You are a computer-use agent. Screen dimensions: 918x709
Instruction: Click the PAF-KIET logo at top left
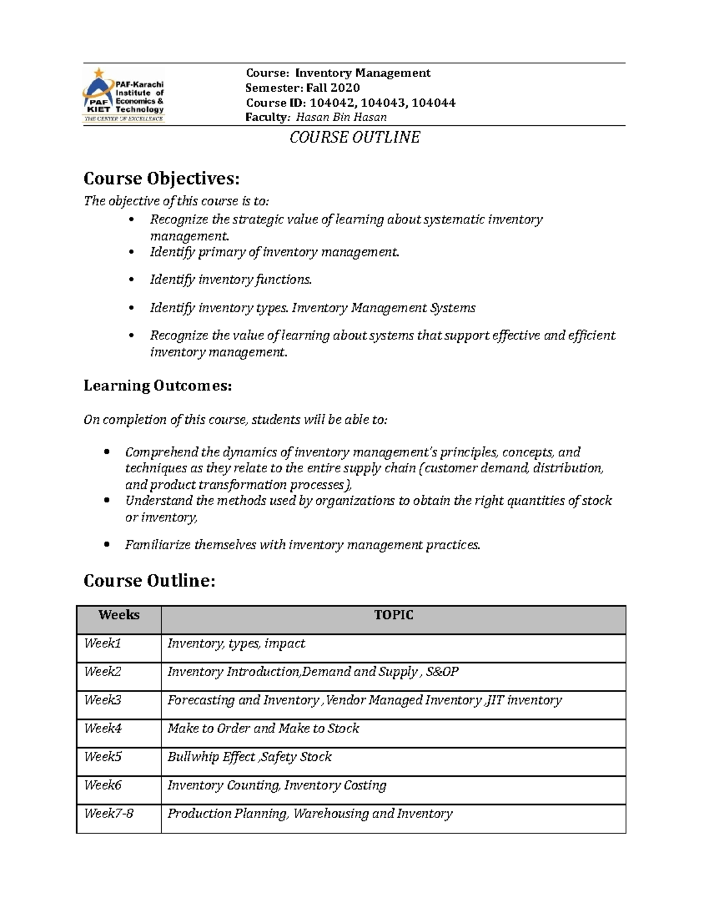123,94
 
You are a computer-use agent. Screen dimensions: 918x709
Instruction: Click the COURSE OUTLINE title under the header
354,138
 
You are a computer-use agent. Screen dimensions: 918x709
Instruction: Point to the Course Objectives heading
162,178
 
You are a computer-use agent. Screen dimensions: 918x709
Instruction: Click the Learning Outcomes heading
157,386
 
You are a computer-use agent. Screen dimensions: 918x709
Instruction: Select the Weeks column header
119,615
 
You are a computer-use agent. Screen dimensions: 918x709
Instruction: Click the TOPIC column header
393,615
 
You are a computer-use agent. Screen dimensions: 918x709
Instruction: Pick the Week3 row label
103,700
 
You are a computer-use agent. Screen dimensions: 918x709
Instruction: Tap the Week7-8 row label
109,814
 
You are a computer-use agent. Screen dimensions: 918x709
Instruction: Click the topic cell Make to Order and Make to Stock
264,729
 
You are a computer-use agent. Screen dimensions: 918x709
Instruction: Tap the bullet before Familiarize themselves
106,545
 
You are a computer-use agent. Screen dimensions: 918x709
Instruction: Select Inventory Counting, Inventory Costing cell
277,786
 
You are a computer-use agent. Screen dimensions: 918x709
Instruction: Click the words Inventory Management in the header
363,73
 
